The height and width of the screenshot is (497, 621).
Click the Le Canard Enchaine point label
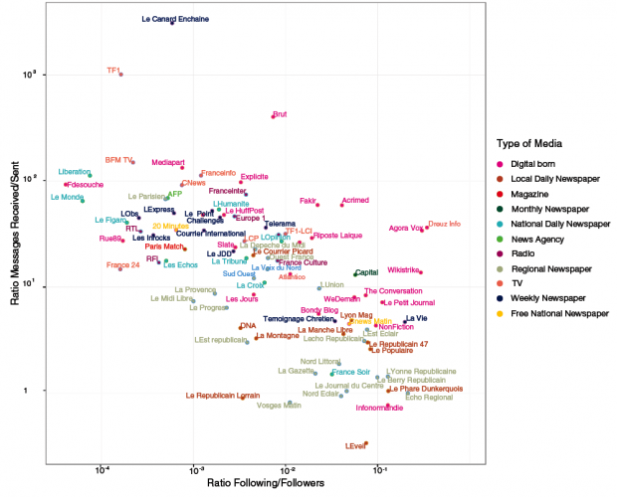tap(174, 18)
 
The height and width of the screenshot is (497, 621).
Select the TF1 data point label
tap(113, 70)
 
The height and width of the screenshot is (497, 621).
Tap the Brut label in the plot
tap(280, 114)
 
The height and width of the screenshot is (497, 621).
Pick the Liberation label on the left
tap(74, 171)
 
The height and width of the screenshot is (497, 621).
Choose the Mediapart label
tap(168, 162)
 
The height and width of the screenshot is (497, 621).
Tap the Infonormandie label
tap(380, 408)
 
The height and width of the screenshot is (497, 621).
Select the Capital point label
tap(366, 272)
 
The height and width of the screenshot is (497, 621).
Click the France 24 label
tap(122, 265)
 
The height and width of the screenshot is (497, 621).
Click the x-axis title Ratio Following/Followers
tap(265, 483)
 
